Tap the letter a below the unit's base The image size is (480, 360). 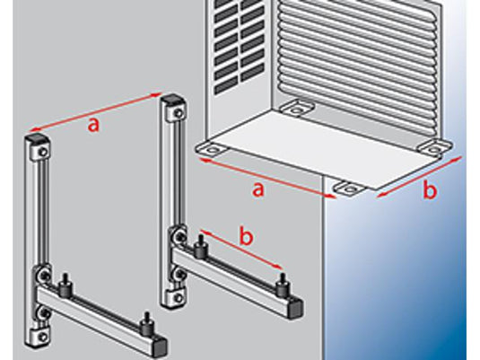tap(258, 189)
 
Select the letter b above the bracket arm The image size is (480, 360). tap(247, 236)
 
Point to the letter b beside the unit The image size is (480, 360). tap(430, 190)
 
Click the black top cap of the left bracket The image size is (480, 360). tap(37, 139)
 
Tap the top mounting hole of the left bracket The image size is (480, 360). tap(44, 153)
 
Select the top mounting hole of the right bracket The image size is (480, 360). tap(179, 114)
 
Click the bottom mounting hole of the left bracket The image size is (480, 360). tap(43, 337)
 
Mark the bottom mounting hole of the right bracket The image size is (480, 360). tap(179, 297)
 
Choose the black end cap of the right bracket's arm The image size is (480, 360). tap(296, 310)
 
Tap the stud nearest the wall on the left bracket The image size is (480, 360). tap(65, 285)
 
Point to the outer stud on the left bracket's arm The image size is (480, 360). tap(146, 325)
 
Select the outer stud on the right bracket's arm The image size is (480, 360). tap(282, 285)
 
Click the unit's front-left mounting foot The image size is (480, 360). tap(212, 149)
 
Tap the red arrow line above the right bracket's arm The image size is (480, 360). tap(241, 250)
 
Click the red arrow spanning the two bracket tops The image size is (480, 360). tap(93, 111)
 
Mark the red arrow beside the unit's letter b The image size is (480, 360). tap(419, 177)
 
